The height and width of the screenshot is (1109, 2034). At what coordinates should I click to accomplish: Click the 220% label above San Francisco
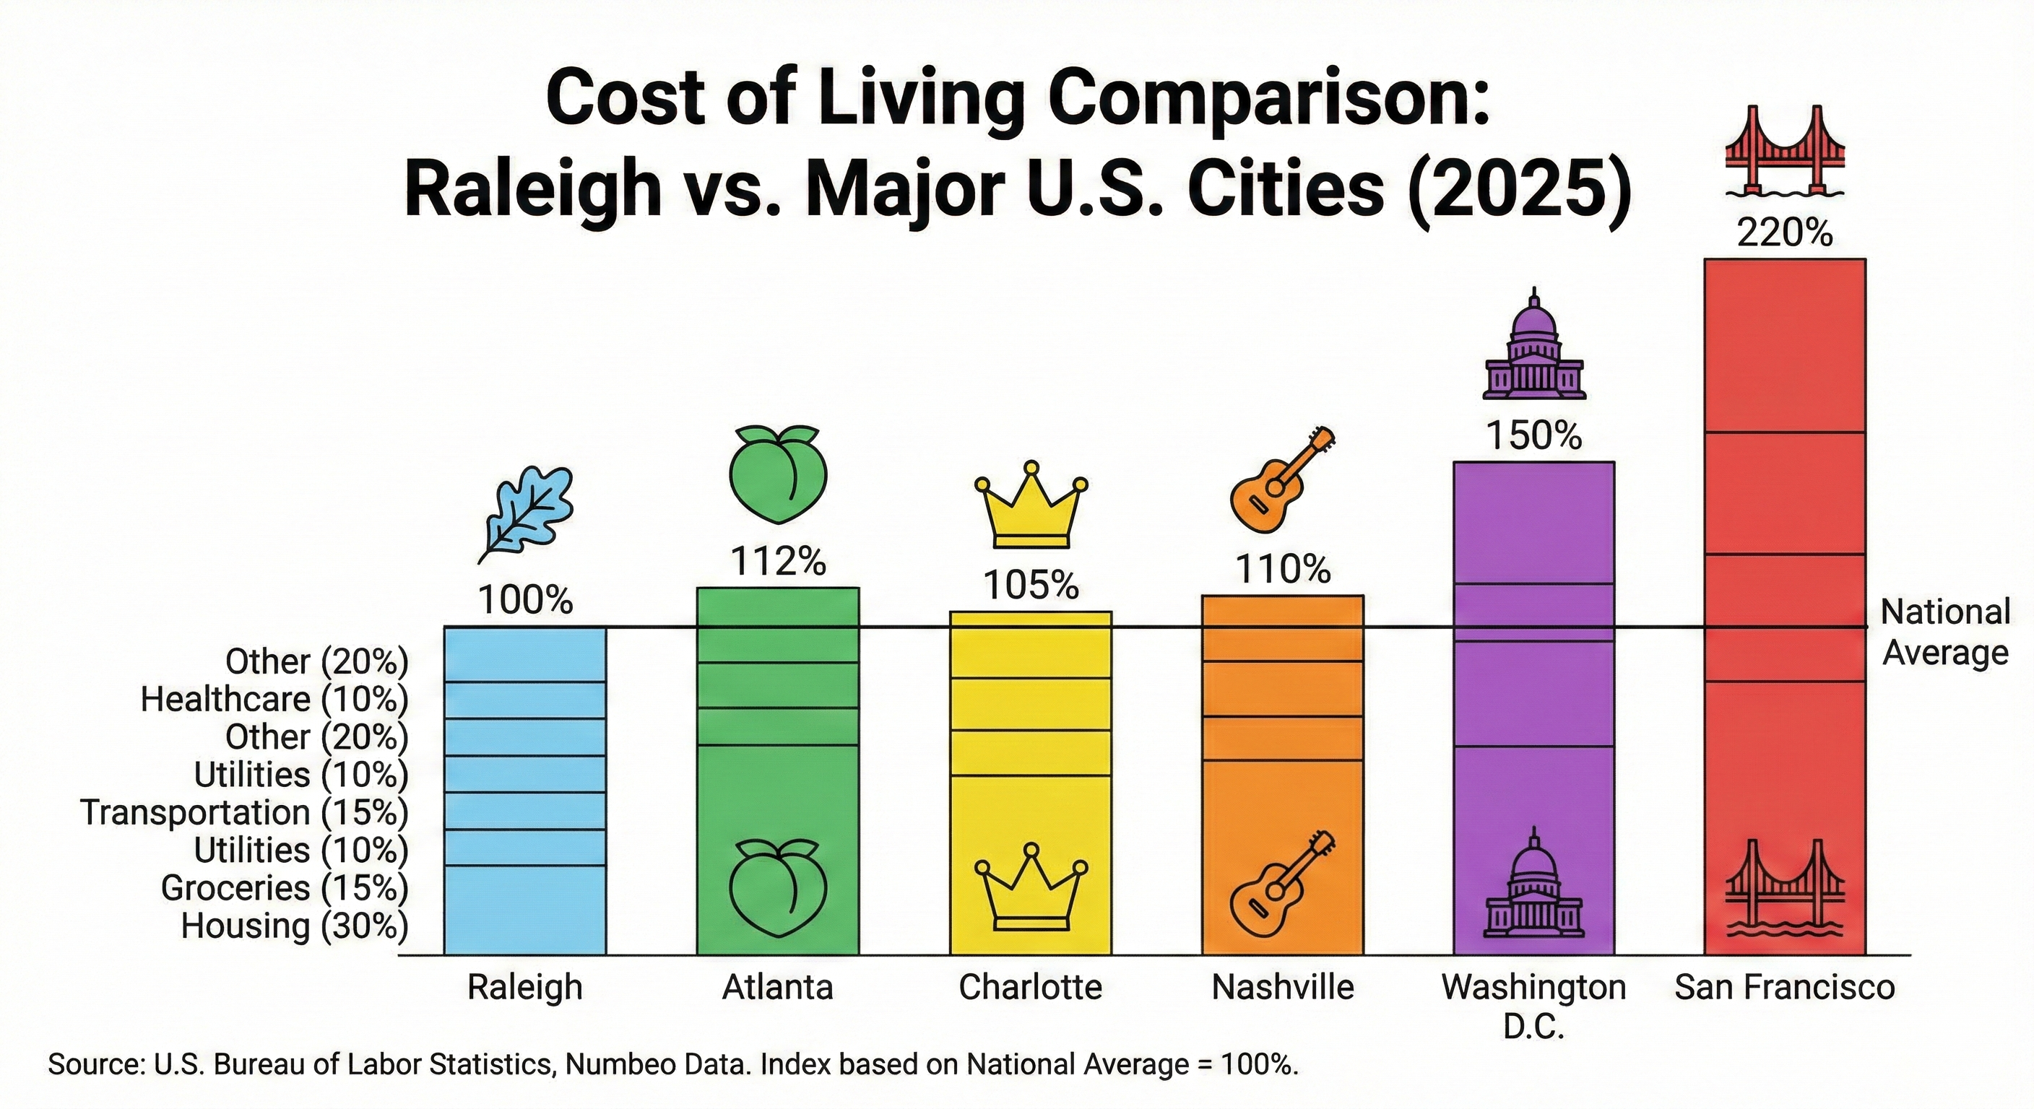pos(1785,234)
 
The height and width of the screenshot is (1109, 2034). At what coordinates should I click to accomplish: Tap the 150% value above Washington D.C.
pos(1534,435)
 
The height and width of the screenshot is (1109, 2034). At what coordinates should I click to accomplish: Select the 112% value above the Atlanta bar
pos(778,562)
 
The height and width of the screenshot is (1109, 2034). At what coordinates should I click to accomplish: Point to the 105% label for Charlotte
pos(1031,586)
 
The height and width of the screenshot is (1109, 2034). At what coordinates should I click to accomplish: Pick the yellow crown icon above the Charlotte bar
pos(1031,505)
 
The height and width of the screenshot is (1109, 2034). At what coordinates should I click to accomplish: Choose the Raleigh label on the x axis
pos(525,988)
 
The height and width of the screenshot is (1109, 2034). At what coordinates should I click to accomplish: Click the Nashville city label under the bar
pos(1282,988)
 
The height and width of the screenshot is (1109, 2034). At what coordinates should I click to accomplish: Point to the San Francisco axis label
pos(1785,988)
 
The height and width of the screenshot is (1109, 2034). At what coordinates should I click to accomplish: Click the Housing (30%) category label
pos(294,926)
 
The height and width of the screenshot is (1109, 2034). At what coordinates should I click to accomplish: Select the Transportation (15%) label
pos(244,812)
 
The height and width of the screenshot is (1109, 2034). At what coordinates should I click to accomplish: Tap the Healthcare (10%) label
pos(274,700)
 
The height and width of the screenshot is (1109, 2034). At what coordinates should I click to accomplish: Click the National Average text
pos(1944,632)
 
